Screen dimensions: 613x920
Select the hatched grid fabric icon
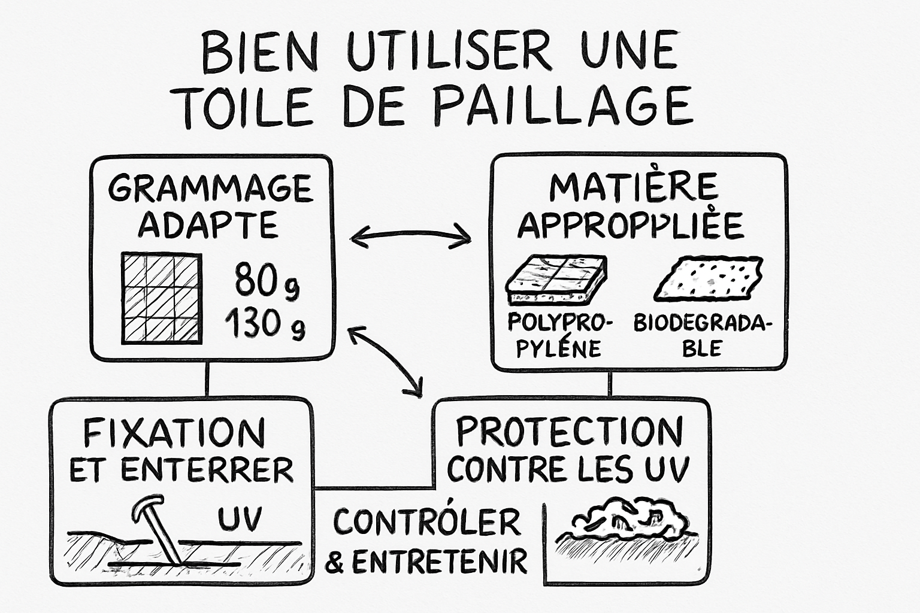(x=161, y=298)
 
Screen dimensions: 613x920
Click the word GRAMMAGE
(x=210, y=189)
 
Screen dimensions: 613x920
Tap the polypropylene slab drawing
(x=556, y=280)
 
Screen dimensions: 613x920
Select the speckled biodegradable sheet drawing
(x=707, y=278)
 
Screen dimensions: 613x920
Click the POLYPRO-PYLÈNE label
(x=559, y=335)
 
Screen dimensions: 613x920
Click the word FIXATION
(x=174, y=432)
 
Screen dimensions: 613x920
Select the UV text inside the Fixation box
(x=240, y=519)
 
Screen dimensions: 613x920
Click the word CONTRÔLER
(x=426, y=522)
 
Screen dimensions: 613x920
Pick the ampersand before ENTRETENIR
(x=337, y=563)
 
